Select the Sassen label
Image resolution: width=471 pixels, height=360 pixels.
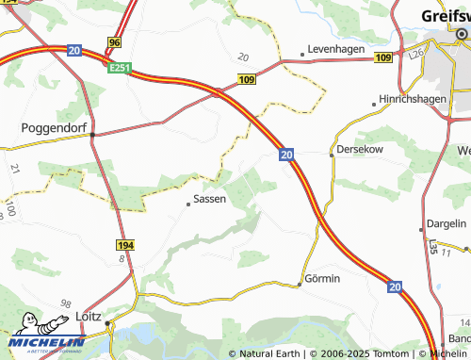click(x=209, y=200)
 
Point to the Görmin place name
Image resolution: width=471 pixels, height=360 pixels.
click(x=323, y=280)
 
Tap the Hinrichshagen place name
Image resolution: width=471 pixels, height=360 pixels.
click(x=417, y=99)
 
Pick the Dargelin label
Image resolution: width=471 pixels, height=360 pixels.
click(x=446, y=224)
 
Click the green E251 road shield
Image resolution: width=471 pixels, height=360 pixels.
click(x=120, y=69)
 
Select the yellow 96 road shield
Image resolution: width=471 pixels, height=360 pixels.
click(x=115, y=43)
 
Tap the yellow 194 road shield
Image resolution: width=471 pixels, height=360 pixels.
click(x=126, y=245)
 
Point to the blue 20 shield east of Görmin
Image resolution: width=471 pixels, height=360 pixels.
click(x=396, y=286)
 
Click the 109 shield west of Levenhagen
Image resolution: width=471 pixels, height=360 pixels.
click(x=246, y=82)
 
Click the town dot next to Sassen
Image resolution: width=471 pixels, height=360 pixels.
click(x=187, y=201)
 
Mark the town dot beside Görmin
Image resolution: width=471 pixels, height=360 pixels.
click(x=300, y=281)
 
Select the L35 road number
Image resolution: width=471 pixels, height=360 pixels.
click(x=432, y=246)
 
